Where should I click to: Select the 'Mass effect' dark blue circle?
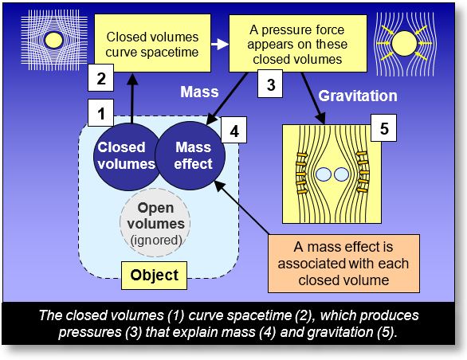tap(193, 155)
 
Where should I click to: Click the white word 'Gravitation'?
tap(358, 96)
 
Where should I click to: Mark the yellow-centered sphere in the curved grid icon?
tap(53, 39)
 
